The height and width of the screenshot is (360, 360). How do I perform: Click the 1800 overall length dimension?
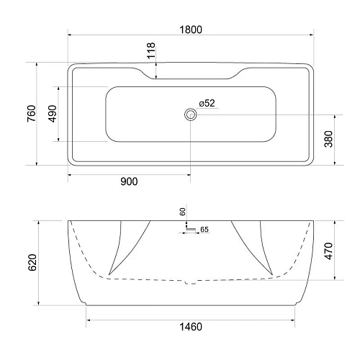click(191, 30)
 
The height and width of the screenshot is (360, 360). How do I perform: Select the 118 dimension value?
click(150, 50)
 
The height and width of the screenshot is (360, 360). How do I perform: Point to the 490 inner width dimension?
click(52, 114)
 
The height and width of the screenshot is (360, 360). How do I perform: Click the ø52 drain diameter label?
click(206, 103)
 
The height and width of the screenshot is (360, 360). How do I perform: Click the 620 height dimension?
click(30, 261)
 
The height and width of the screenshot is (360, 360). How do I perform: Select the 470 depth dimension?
click(328, 250)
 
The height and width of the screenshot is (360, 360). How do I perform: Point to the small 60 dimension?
click(183, 212)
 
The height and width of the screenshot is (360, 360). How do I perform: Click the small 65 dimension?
click(204, 230)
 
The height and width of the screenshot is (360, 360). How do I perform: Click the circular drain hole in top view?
click(191, 114)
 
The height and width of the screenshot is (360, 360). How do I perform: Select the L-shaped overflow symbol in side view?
click(189, 227)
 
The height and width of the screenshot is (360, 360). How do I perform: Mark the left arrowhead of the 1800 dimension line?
click(70, 35)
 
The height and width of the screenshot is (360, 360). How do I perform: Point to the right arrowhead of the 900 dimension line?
click(189, 172)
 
